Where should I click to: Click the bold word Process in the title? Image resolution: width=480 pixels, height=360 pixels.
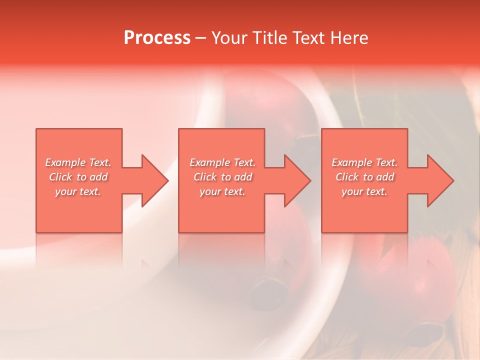click(x=157, y=38)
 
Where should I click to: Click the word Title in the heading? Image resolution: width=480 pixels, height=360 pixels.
click(x=270, y=38)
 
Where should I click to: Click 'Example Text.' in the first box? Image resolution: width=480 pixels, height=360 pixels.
click(x=78, y=162)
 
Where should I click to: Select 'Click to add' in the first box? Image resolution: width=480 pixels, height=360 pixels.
click(x=78, y=177)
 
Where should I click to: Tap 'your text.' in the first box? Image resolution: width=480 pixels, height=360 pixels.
click(x=78, y=191)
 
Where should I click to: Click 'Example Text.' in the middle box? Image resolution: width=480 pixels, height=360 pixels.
click(x=222, y=162)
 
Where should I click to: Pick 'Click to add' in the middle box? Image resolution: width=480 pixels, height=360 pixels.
click(x=222, y=177)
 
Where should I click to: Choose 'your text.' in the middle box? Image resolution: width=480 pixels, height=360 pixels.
click(x=222, y=191)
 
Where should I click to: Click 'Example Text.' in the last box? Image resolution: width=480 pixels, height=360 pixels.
click(x=364, y=162)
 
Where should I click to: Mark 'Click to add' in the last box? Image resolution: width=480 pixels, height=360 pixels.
click(x=364, y=177)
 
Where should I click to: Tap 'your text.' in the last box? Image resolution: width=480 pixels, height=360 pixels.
click(x=364, y=191)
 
